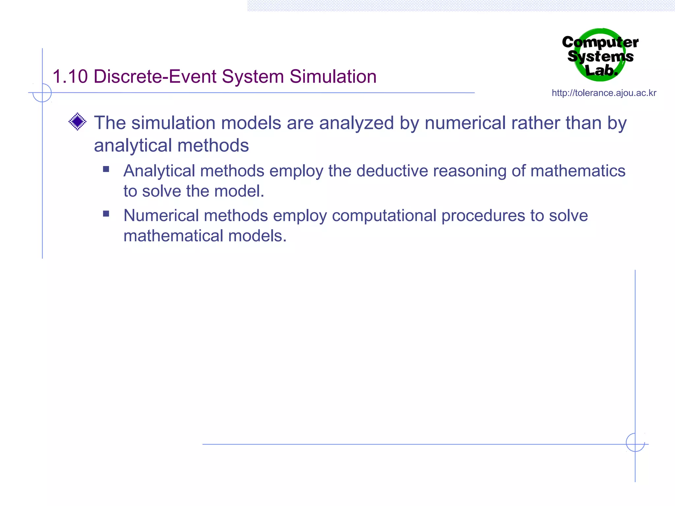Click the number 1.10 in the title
point(70,77)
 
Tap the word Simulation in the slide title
point(333,77)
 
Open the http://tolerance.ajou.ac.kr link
point(604,93)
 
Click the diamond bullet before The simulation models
point(77,122)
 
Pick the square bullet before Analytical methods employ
point(106,169)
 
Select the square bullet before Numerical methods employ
point(106,214)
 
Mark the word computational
point(384,216)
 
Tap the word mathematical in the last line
point(173,236)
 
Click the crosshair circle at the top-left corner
point(42,93)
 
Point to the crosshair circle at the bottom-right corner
point(635,442)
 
